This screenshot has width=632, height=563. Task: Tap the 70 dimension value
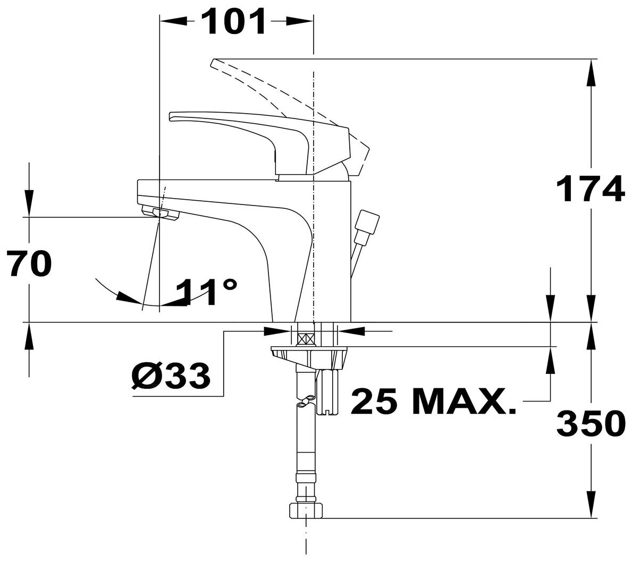click(x=30, y=264)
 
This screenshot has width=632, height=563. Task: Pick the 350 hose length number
click(x=590, y=423)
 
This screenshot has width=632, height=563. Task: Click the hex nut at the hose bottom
click(x=306, y=511)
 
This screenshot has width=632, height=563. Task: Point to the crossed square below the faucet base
click(x=306, y=338)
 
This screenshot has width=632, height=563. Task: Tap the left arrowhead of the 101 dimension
click(x=172, y=22)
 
